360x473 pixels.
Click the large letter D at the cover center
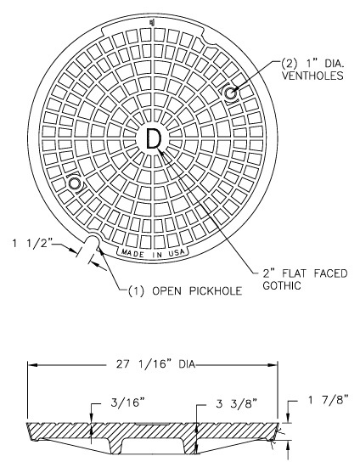coord(153,138)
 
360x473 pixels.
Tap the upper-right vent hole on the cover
coord(230,93)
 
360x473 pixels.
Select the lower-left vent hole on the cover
coord(76,183)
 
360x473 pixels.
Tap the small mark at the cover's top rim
coord(152,22)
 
